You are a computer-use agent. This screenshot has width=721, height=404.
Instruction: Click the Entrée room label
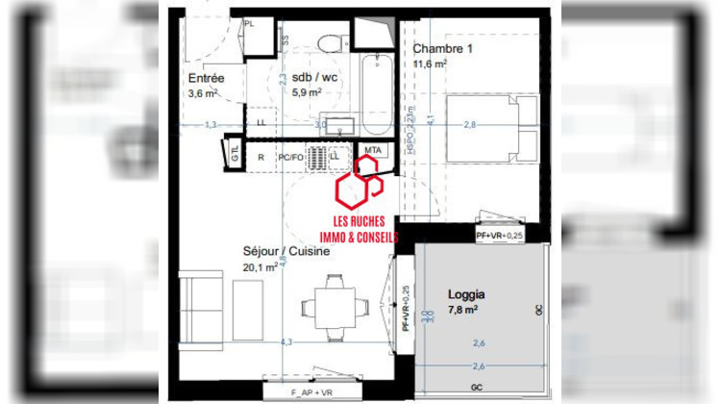[x=207, y=78]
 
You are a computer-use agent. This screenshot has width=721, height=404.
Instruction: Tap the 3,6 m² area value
[x=204, y=93]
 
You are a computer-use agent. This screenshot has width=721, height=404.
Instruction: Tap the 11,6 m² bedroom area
[x=431, y=64]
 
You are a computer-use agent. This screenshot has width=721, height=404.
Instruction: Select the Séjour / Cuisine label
[x=286, y=251]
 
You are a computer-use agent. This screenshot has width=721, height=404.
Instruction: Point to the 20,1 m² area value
[x=260, y=267]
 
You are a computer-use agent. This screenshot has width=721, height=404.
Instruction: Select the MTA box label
[x=372, y=150]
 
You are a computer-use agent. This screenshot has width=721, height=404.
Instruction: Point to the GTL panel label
[x=233, y=151]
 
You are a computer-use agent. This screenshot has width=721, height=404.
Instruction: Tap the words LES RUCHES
[x=359, y=220]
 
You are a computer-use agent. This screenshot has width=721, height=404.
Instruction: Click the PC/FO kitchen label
[x=290, y=155]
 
